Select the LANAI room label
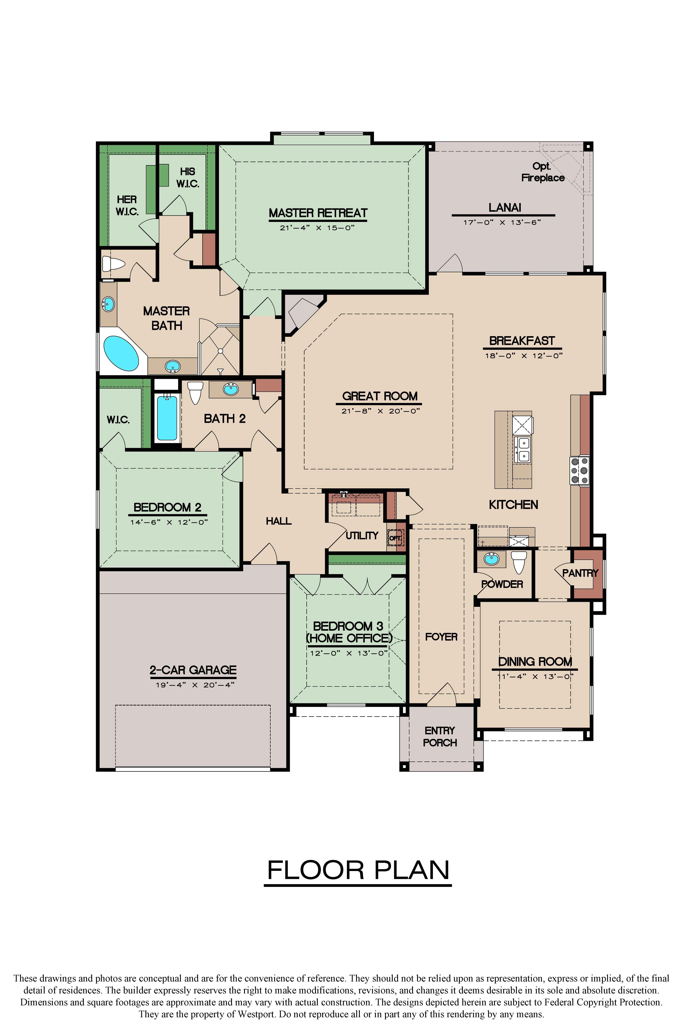pyautogui.click(x=505, y=207)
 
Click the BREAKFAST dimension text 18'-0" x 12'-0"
pyautogui.click(x=523, y=356)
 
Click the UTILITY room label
pyautogui.click(x=362, y=535)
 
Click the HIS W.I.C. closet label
pyautogui.click(x=188, y=177)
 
